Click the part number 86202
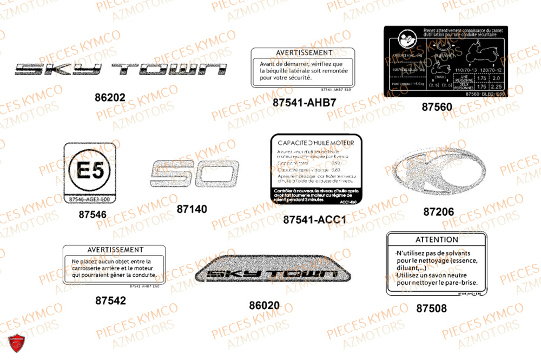[x=109, y=98]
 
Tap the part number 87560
[x=437, y=107]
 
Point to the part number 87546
[x=93, y=214]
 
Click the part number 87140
[x=192, y=208]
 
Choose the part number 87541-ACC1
[x=314, y=220]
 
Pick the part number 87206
[x=438, y=212]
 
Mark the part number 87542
[x=110, y=300]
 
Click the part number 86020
[x=265, y=305]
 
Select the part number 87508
[x=431, y=308]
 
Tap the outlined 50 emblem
[x=193, y=174]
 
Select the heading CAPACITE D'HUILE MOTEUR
[x=316, y=143]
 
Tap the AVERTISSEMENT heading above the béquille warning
[x=304, y=53]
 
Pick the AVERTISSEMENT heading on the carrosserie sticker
[x=115, y=250]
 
